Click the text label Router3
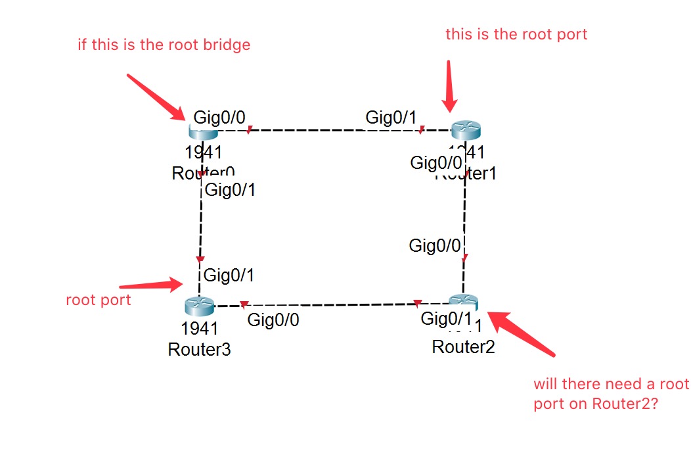tap(199, 349)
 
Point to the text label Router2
tap(463, 346)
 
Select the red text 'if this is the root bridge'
tap(164, 45)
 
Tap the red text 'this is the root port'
tap(516, 34)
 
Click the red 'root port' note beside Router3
tap(98, 300)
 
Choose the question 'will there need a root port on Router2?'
tap(610, 394)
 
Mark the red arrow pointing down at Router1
tap(449, 86)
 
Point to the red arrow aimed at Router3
tap(151, 285)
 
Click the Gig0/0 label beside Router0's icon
tap(219, 118)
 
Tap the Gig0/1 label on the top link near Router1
tap(391, 118)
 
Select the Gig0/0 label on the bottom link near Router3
tap(273, 320)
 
